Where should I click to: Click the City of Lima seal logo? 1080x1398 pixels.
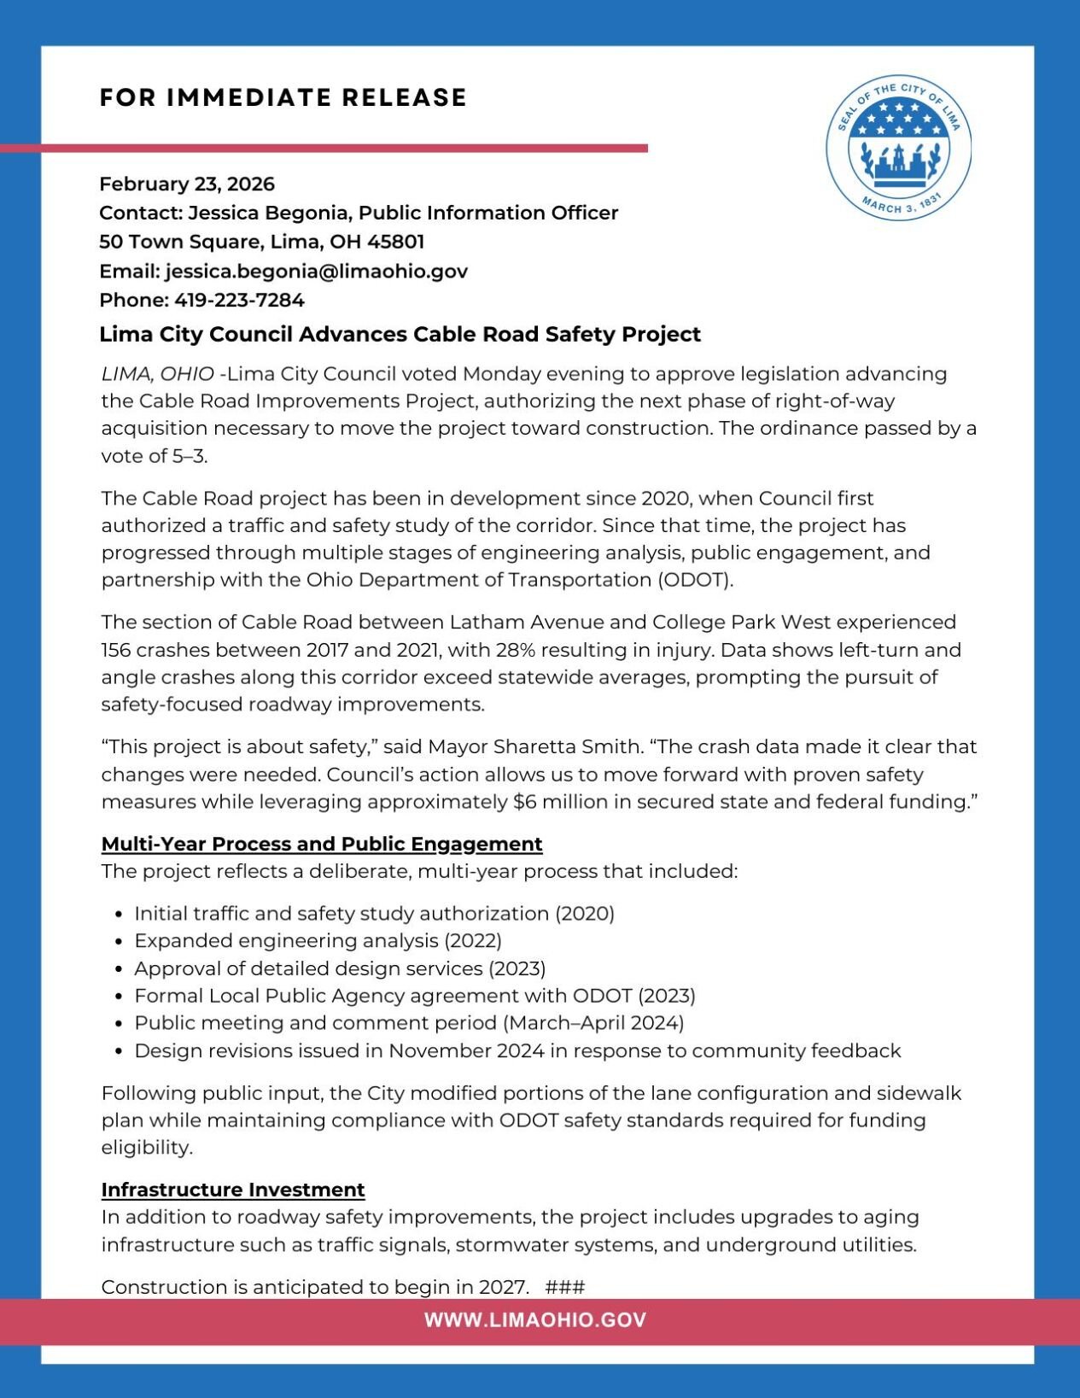pos(898,147)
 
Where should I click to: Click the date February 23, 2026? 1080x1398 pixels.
pos(187,184)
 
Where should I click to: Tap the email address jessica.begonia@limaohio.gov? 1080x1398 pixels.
pos(317,272)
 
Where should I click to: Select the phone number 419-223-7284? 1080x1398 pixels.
pos(239,301)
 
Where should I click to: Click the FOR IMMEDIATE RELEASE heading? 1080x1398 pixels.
pos(283,98)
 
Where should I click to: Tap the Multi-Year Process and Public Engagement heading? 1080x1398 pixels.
pos(322,845)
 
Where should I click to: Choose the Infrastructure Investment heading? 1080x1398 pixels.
pos(233,1190)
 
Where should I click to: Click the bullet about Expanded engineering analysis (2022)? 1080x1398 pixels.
pos(318,941)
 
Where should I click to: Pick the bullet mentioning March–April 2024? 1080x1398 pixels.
pos(409,1023)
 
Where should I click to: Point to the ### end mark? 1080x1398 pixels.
pos(564,1287)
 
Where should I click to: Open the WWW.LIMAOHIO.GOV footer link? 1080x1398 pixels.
pos(535,1320)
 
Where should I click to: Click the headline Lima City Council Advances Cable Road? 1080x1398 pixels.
pos(400,335)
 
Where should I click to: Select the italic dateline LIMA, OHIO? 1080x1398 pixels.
pos(158,374)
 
